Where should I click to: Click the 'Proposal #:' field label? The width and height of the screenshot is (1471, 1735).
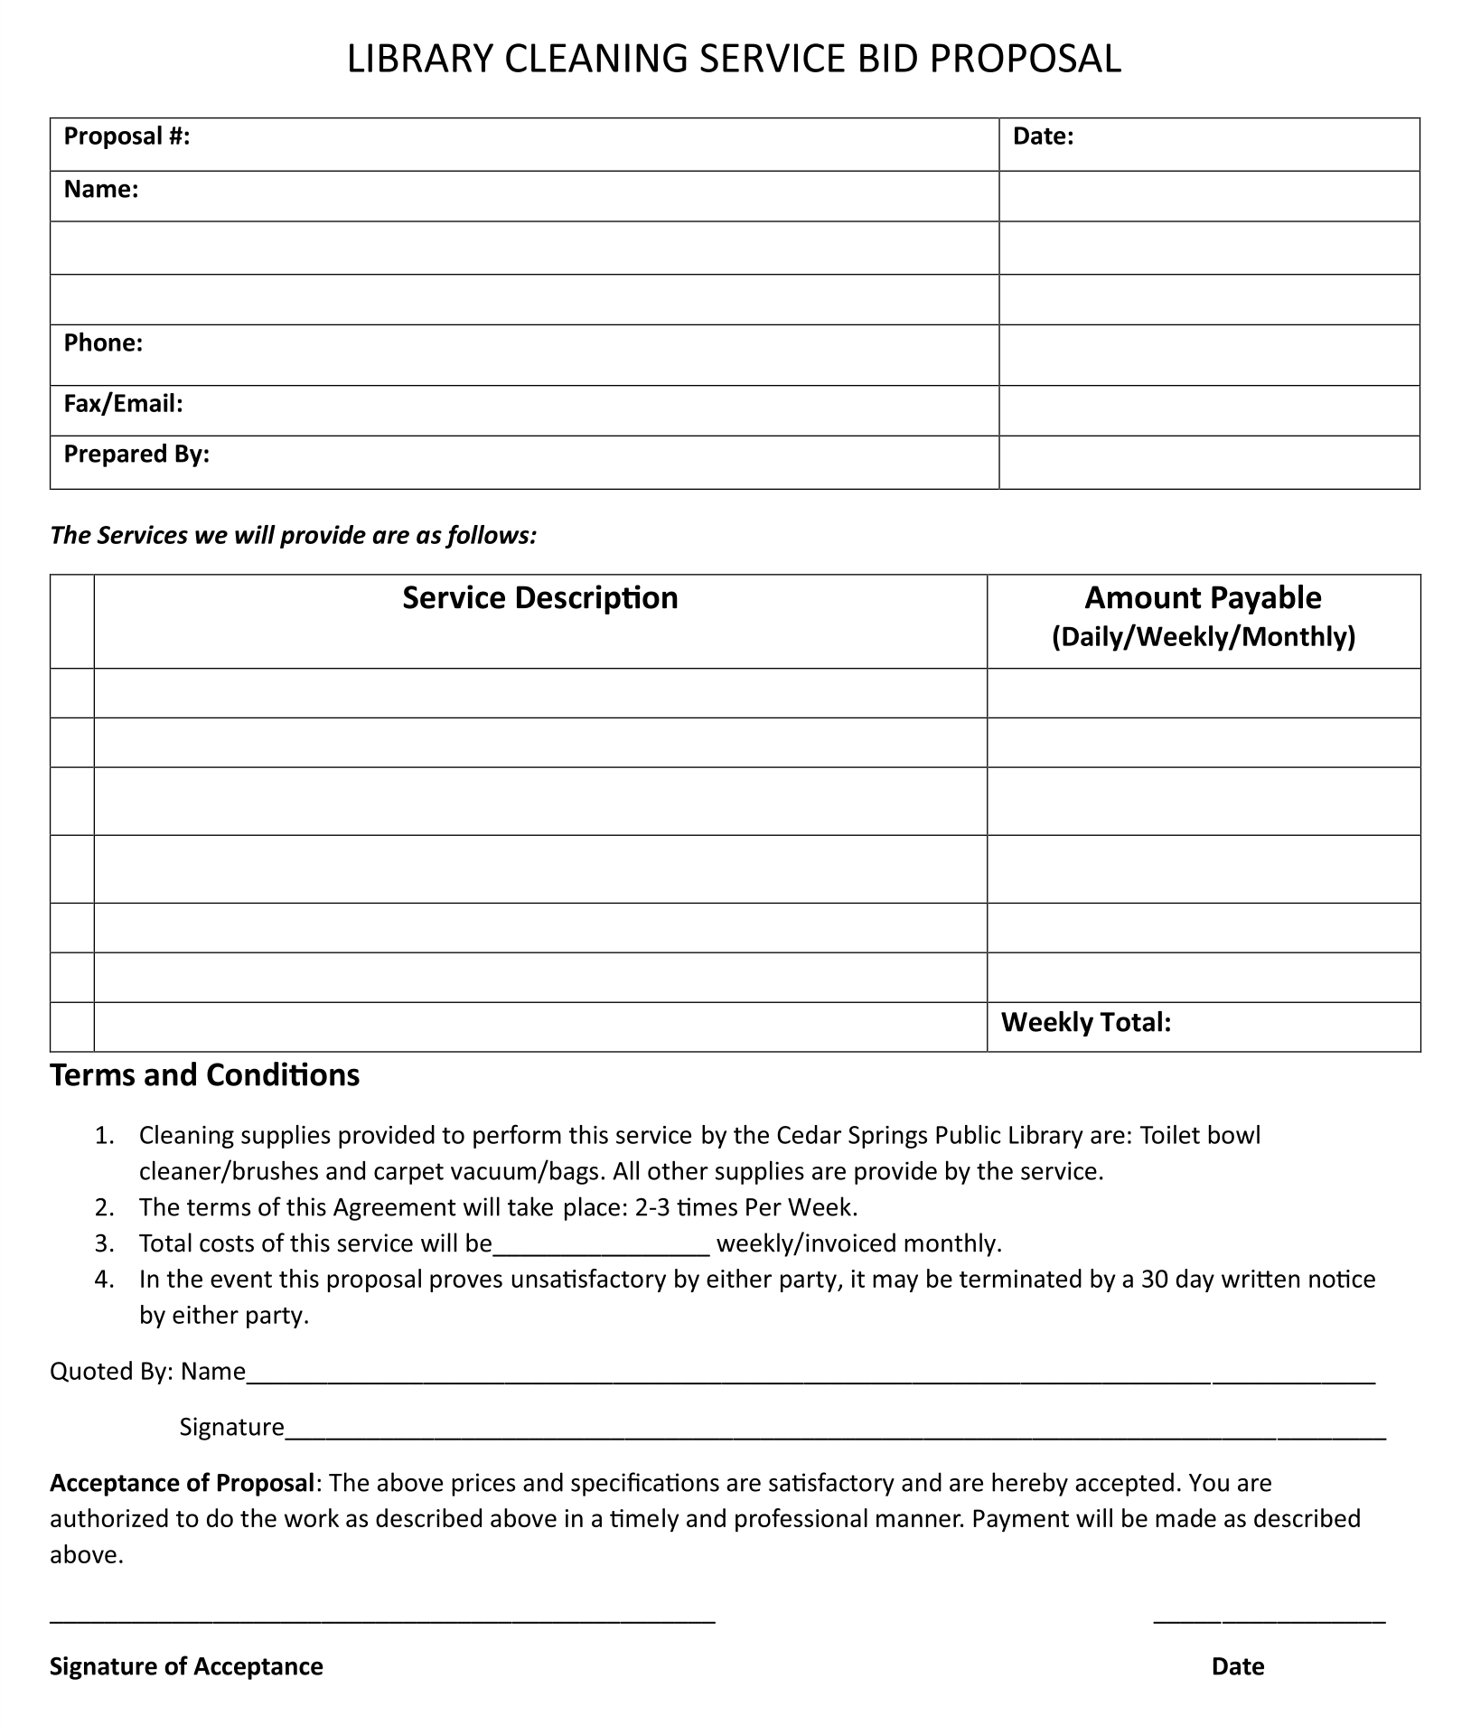[x=126, y=136]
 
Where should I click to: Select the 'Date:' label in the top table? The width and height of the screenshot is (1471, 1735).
[x=1043, y=136]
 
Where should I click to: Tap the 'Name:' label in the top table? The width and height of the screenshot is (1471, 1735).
[x=100, y=190]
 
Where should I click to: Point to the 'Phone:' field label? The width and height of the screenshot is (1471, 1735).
[x=103, y=343]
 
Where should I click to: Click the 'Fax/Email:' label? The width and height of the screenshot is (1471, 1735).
[x=123, y=404]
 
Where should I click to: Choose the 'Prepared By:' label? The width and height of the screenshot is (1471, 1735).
[x=136, y=455]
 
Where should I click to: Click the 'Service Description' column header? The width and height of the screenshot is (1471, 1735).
[x=539, y=598]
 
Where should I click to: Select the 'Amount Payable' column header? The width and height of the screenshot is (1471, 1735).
[x=1203, y=598]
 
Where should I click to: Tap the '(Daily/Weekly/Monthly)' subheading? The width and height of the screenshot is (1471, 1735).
[x=1203, y=637]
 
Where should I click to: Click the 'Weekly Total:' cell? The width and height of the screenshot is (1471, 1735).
[x=1085, y=1023]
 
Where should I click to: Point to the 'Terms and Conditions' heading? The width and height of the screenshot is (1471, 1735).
[x=204, y=1075]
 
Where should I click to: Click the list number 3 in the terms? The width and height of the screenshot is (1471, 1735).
[x=104, y=1243]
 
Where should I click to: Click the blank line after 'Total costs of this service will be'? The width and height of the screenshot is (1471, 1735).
[x=601, y=1247]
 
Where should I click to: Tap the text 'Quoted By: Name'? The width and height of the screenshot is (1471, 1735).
[x=147, y=1372]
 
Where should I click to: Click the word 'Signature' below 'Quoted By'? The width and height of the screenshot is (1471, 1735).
[x=231, y=1427]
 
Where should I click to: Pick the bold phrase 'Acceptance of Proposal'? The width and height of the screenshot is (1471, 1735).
[x=182, y=1483]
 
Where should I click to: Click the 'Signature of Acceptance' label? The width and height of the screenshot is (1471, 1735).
[x=186, y=1666]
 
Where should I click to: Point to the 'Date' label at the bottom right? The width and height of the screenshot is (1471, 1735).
[x=1237, y=1666]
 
